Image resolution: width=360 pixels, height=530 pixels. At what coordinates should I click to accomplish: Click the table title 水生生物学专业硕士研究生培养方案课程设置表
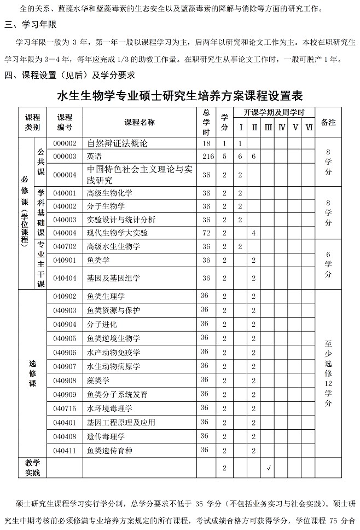pos(180,96)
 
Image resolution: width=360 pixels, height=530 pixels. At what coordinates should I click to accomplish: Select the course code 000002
pos(65,143)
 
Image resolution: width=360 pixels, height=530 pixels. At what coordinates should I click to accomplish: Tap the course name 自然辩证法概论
pos(117,143)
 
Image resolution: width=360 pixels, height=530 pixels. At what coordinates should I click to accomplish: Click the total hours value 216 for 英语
pos(206,157)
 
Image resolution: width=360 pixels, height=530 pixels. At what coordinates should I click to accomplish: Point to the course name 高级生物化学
pos(109,193)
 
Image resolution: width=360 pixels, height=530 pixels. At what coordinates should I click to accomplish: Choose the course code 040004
pos(65,233)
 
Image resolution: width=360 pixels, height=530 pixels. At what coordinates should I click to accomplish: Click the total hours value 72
pos(206,233)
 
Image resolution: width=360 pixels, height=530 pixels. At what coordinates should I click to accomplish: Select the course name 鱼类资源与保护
pos(113,310)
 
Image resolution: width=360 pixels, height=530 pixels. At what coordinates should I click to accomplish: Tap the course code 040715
pos(65,408)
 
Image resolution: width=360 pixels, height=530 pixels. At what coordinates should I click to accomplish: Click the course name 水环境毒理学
pos(109,408)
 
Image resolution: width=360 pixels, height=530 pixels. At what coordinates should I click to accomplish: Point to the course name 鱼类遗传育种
pos(109,451)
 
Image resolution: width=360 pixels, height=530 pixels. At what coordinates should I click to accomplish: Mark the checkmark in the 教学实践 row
pos(268,468)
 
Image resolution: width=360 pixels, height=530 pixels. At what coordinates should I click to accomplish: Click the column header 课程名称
pos(140,122)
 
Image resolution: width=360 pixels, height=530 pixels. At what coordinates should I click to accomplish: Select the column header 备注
pos(328,122)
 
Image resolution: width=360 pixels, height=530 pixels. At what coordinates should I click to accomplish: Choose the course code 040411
pos(65,451)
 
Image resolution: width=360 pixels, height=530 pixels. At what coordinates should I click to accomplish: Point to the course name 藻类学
pos(98,381)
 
